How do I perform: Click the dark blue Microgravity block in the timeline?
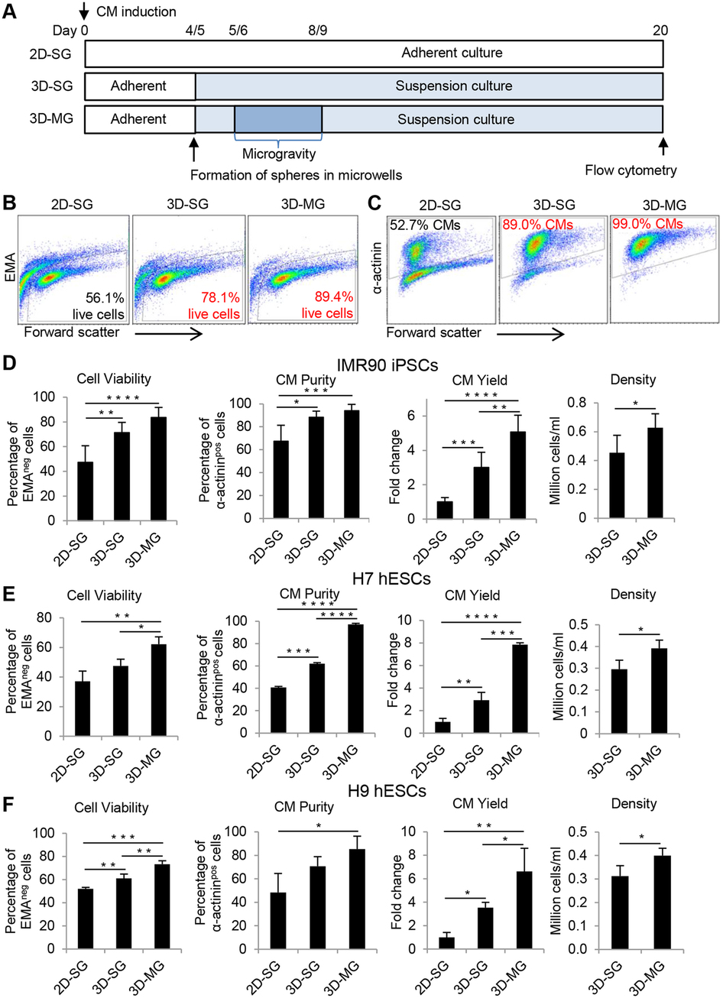pos(278,118)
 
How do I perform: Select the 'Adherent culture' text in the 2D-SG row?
pos(451,53)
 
